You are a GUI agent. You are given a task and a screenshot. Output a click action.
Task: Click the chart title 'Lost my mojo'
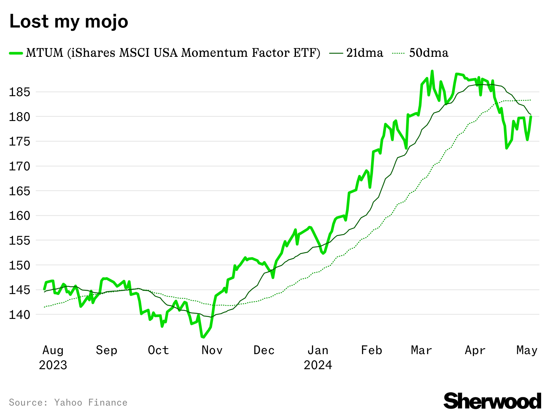pyautogui.click(x=69, y=21)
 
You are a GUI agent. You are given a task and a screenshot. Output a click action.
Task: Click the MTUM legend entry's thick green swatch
pyautogui.click(x=16, y=53)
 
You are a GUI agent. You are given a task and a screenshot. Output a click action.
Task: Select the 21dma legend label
pyautogui.click(x=365, y=53)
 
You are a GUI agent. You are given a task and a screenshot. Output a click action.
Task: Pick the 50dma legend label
pyautogui.click(x=429, y=53)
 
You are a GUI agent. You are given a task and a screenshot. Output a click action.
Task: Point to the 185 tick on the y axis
pyautogui.click(x=20, y=92)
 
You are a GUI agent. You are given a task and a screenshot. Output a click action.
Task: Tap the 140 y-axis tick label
pyautogui.click(x=20, y=314)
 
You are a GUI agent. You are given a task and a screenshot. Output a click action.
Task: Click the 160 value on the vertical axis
pyautogui.click(x=20, y=216)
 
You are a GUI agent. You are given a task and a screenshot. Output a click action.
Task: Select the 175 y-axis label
pyautogui.click(x=20, y=141)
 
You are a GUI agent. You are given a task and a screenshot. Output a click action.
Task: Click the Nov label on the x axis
pyautogui.click(x=212, y=350)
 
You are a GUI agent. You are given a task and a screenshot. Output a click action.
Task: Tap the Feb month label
pyautogui.click(x=371, y=350)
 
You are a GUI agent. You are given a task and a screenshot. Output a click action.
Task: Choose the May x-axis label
pyautogui.click(x=527, y=350)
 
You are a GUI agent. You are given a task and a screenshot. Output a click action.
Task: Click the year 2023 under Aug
pyautogui.click(x=53, y=365)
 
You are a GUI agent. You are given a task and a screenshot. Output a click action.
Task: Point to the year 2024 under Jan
pyautogui.click(x=318, y=365)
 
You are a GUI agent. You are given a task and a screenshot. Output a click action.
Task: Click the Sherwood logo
pyautogui.click(x=492, y=401)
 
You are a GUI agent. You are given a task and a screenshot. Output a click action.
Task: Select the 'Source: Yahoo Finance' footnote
pyautogui.click(x=68, y=403)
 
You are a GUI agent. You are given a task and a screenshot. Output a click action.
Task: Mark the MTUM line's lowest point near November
pyautogui.click(x=203, y=337)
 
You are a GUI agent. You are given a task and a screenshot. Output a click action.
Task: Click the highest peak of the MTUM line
pyautogui.click(x=432, y=71)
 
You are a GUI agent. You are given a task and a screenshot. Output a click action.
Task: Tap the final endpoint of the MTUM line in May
pyautogui.click(x=531, y=117)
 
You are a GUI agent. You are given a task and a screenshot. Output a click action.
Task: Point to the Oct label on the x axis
pyautogui.click(x=158, y=350)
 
